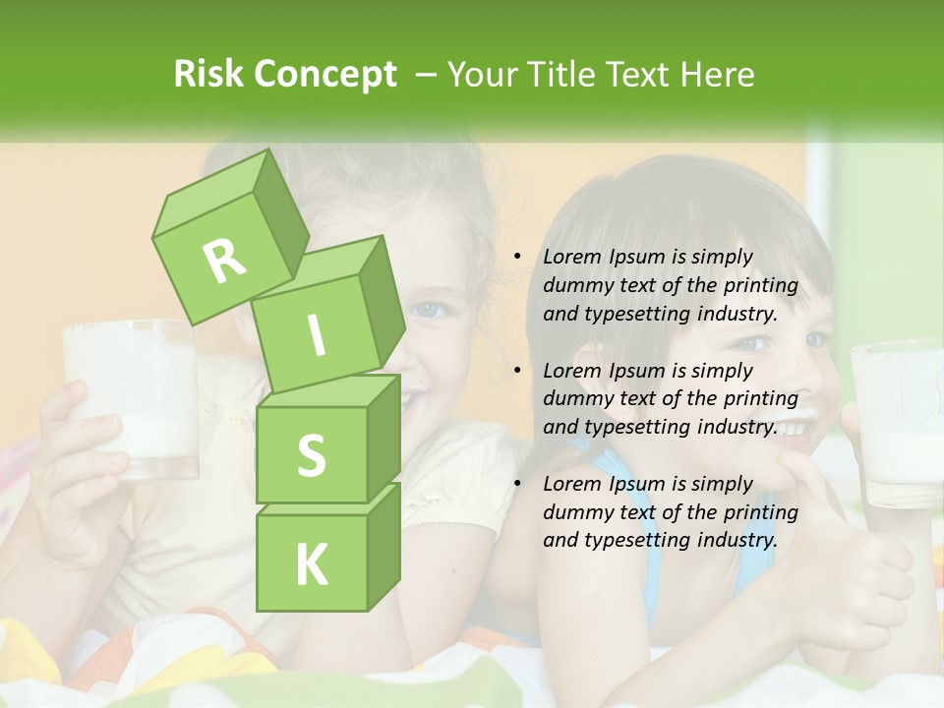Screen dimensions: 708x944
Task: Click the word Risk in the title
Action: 209,75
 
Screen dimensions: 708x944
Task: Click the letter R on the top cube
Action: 225,260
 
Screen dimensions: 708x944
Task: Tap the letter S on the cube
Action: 311,456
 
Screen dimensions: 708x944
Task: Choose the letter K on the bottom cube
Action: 311,564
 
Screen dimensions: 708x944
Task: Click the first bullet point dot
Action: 517,258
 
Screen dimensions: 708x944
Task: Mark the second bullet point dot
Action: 517,371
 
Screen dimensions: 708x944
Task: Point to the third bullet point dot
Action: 517,484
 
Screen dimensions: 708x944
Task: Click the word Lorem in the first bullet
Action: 570,258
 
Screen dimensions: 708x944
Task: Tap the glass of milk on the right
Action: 898,423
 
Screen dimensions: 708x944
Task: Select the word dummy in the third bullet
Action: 576,512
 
